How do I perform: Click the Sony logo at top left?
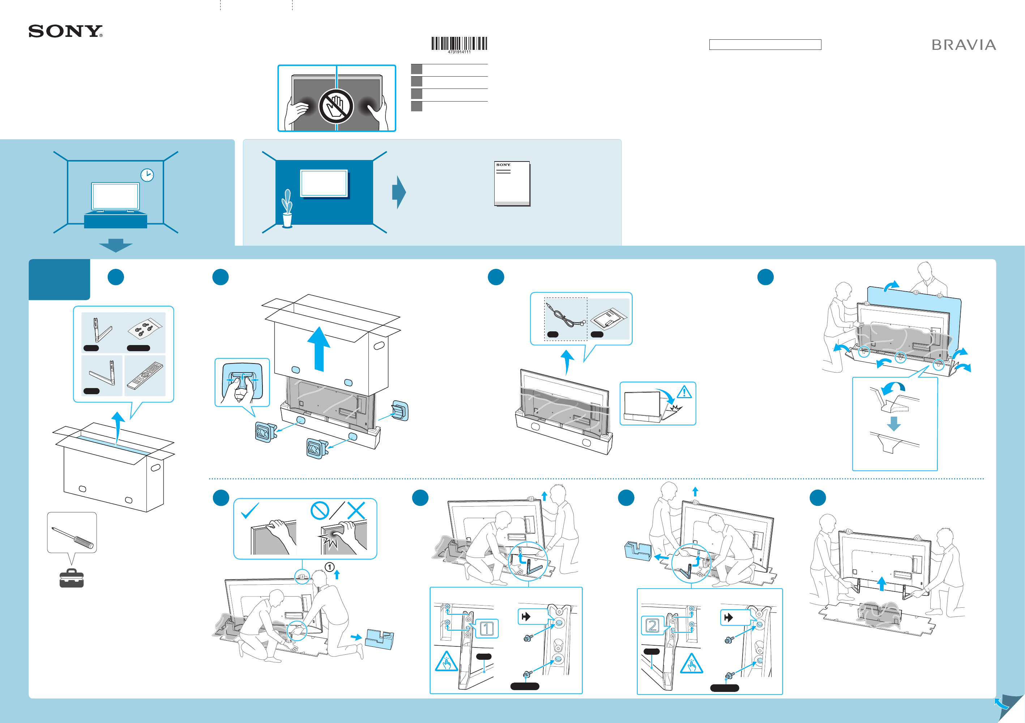65,31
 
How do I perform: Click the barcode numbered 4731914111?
459,44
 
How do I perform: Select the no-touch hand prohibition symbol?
336,107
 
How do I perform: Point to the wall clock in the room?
147,175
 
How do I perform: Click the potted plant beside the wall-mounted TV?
287,209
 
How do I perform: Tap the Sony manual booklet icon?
512,183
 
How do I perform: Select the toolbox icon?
72,578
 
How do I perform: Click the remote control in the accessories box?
145,375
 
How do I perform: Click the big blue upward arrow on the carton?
319,348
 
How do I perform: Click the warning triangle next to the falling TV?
684,392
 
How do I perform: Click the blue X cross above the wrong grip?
356,511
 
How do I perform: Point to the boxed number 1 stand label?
486,628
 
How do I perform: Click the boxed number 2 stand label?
652,625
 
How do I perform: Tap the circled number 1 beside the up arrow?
329,567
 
